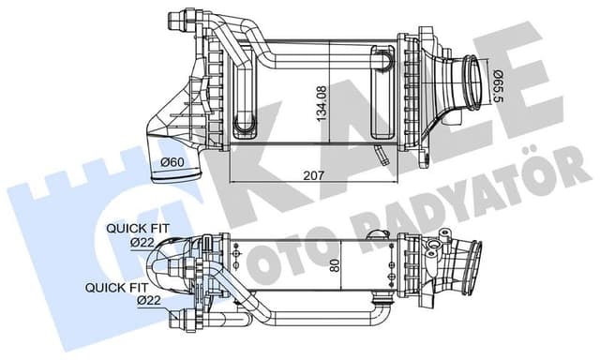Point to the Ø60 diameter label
click(x=172, y=161)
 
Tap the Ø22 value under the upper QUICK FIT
click(x=142, y=242)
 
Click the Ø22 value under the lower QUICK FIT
click(x=147, y=301)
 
